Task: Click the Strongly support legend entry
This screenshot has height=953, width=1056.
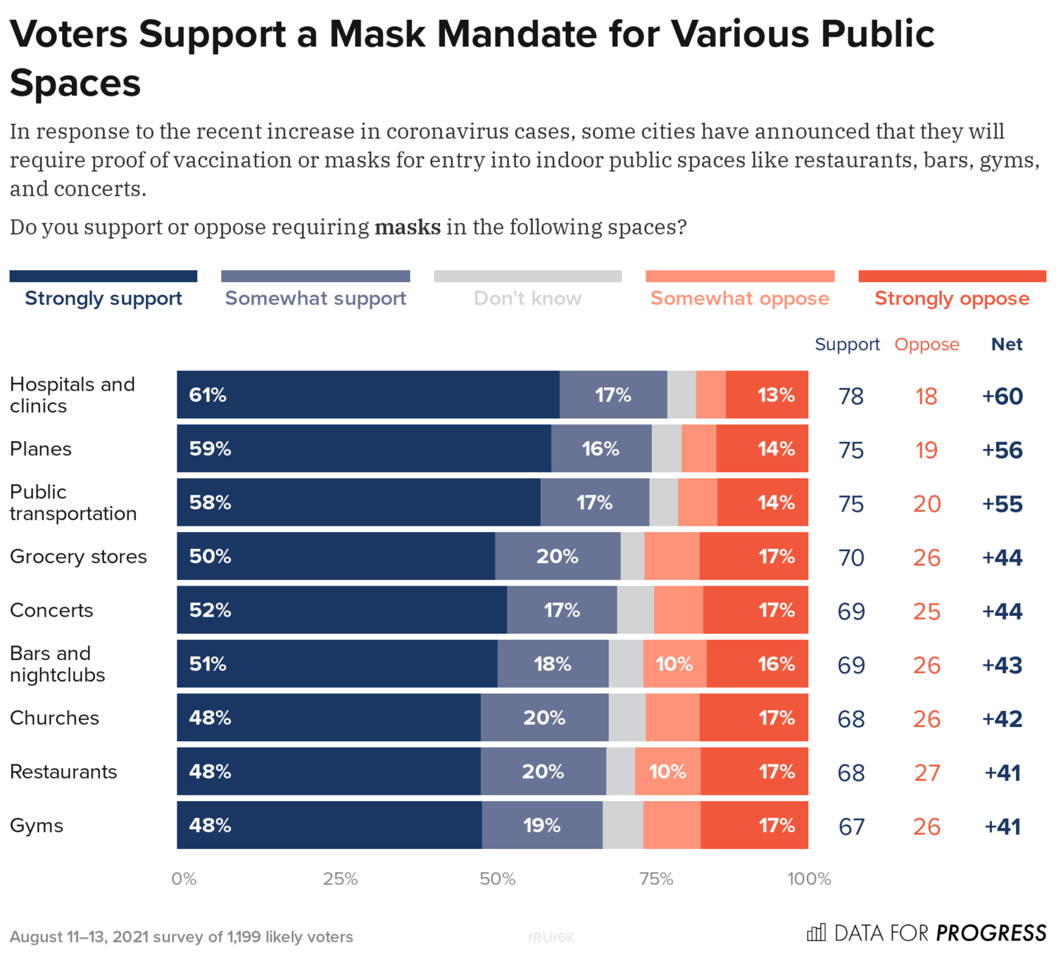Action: click(x=103, y=298)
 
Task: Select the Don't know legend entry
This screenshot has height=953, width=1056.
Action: click(x=527, y=298)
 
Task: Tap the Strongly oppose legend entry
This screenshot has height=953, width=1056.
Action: click(x=952, y=298)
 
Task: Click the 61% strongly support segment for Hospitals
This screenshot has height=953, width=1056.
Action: click(x=367, y=395)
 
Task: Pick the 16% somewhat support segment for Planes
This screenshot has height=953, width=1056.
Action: click(x=601, y=449)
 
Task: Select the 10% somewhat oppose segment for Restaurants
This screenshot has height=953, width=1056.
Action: click(x=667, y=771)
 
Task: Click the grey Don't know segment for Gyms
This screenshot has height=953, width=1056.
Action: click(x=622, y=825)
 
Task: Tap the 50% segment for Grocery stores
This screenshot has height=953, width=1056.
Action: click(x=336, y=556)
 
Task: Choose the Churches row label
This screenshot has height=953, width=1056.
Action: click(x=54, y=718)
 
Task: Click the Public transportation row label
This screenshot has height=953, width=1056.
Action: click(x=73, y=503)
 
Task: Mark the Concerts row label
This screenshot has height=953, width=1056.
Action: click(x=51, y=610)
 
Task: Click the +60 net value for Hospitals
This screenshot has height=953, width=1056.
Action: click(x=1002, y=396)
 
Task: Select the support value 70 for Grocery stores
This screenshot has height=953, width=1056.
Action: click(x=851, y=557)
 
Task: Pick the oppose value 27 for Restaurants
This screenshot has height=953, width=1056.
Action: click(x=927, y=773)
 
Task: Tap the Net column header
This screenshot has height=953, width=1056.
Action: click(x=1007, y=344)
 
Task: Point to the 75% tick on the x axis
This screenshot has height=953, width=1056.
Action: click(x=656, y=879)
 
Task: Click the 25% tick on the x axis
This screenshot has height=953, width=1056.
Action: click(x=341, y=879)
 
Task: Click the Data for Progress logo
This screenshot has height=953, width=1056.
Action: click(x=926, y=933)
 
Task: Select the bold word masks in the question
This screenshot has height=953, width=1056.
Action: click(x=408, y=227)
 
